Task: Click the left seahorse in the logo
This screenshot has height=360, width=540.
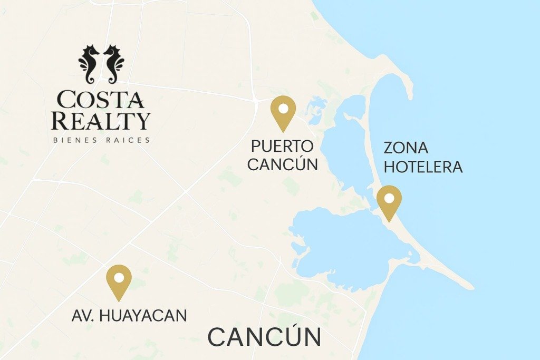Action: click(90, 63)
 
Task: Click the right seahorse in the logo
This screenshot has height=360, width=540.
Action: click(113, 63)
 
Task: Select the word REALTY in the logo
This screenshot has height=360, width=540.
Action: click(101, 121)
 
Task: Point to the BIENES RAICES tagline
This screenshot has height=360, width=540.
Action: click(101, 140)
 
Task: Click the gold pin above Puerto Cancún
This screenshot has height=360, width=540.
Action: click(283, 112)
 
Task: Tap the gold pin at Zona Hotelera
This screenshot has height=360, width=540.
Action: click(389, 202)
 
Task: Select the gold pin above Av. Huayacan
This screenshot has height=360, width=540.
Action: click(119, 281)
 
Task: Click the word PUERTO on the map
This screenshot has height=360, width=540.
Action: click(282, 146)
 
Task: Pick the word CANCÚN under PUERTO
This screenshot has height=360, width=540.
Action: click(283, 164)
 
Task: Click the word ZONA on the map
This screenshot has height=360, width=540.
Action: click(406, 148)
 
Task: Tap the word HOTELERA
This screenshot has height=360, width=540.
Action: click(423, 167)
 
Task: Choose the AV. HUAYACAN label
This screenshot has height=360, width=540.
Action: click(129, 316)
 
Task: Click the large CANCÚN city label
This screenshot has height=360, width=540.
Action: click(264, 337)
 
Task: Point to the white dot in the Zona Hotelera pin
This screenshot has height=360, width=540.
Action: click(389, 199)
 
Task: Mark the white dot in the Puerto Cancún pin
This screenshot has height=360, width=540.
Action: click(283, 109)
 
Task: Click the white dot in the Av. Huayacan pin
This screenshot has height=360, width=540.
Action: click(119, 277)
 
